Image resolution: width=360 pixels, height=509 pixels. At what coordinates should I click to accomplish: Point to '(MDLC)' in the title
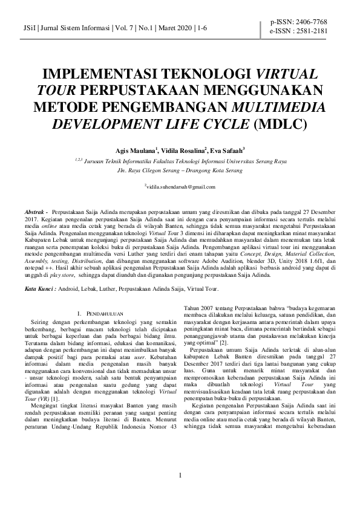coord(281,125)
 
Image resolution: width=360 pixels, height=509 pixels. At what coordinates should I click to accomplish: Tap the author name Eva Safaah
coord(226,150)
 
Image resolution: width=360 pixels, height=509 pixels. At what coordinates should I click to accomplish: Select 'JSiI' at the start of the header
coord(28,28)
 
